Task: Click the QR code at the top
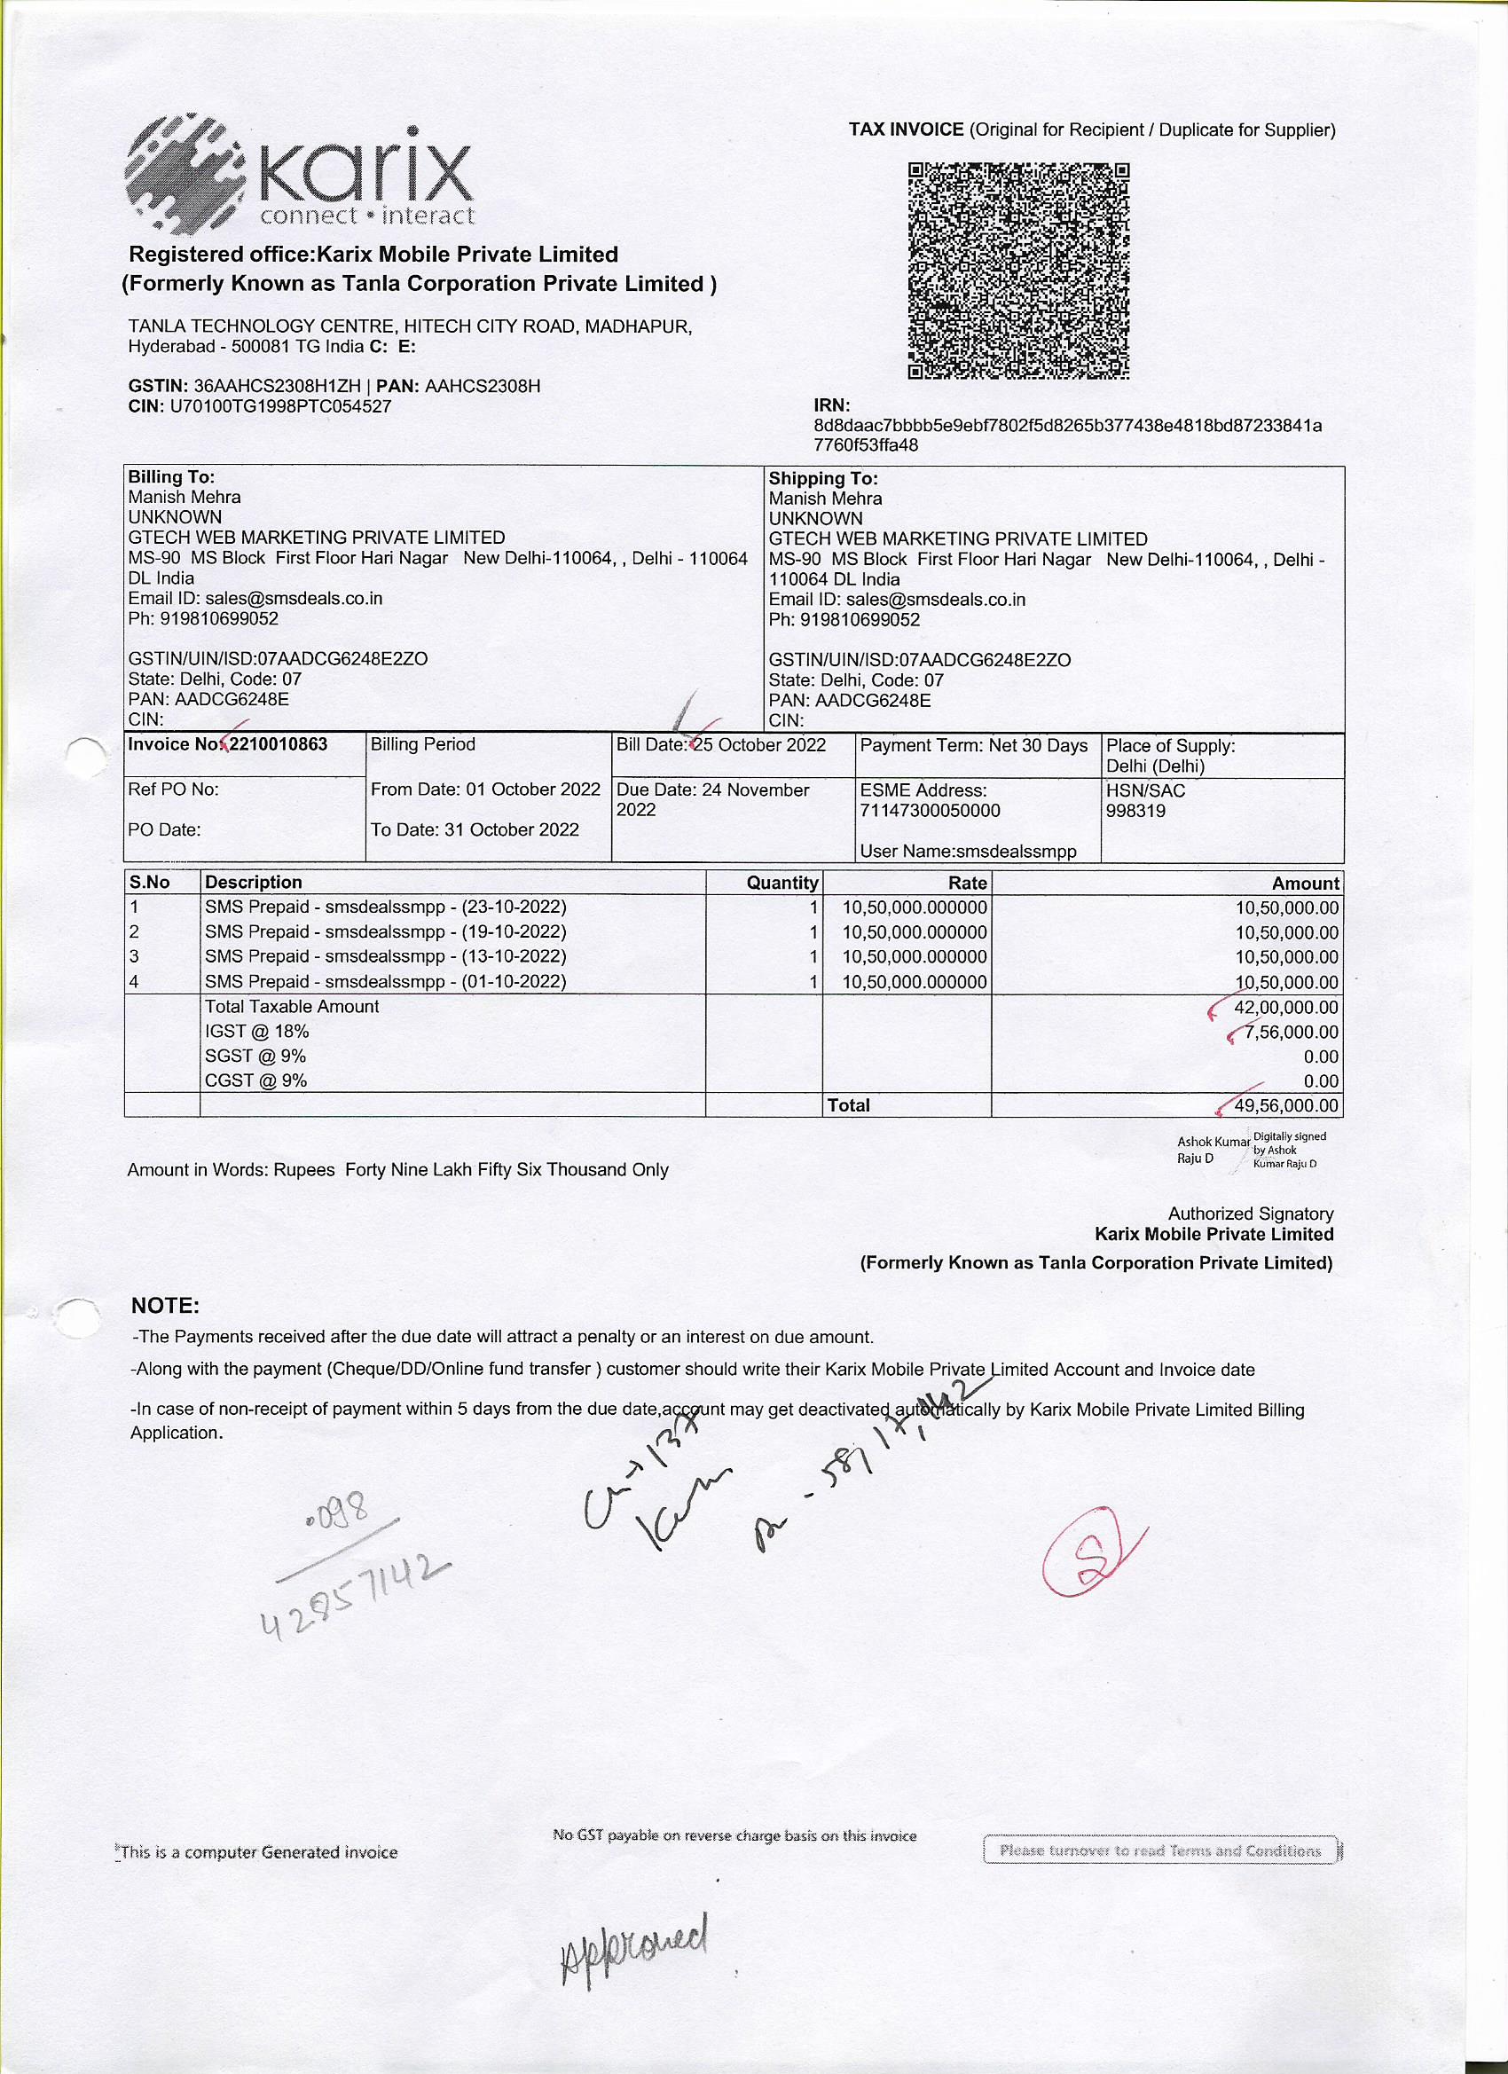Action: (1018, 271)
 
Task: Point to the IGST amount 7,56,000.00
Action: (1291, 1033)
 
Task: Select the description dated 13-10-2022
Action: (385, 956)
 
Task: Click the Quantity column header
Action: (781, 883)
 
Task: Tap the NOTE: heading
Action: (166, 1305)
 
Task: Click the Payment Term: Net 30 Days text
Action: (974, 745)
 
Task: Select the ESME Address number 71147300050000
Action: (930, 811)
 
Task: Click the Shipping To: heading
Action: (823, 478)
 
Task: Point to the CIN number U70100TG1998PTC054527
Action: (279, 406)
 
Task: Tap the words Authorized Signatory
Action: (1250, 1214)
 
